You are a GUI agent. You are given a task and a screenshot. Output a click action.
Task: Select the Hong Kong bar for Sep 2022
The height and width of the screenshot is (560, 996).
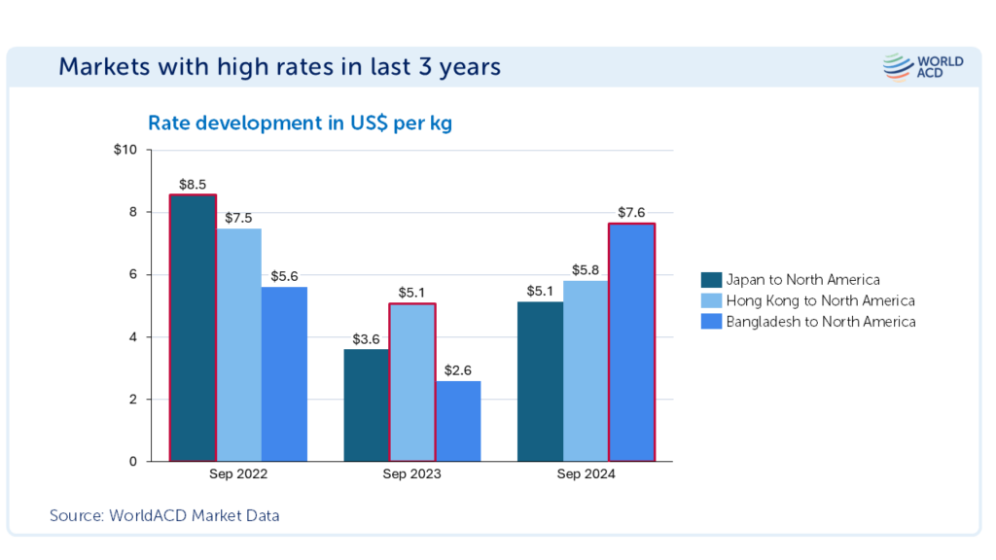238,345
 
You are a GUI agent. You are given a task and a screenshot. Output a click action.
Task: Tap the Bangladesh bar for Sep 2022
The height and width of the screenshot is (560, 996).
284,374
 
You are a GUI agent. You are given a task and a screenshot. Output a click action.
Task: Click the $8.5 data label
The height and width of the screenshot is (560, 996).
193,184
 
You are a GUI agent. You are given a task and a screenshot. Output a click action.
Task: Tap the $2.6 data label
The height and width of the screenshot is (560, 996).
457,369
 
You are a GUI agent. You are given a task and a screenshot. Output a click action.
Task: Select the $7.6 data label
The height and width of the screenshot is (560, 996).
631,212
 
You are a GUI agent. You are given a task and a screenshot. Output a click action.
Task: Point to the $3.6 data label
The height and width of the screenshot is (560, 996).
367,338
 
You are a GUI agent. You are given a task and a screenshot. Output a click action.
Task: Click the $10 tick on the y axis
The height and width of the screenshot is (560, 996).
126,150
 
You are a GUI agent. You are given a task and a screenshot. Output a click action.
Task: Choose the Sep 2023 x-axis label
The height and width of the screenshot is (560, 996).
411,475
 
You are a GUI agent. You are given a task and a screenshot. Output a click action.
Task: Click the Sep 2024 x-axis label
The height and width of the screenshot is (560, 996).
586,475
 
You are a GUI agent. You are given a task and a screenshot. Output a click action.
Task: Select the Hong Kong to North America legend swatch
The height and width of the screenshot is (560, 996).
711,300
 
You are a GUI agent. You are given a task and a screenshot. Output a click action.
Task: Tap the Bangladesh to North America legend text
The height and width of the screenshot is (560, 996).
821,322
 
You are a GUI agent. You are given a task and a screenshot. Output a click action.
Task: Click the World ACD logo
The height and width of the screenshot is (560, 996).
923,67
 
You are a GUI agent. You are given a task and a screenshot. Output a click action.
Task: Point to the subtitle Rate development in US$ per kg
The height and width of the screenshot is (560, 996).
300,123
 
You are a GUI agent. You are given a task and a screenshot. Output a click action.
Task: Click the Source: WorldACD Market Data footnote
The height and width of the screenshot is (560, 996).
164,515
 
